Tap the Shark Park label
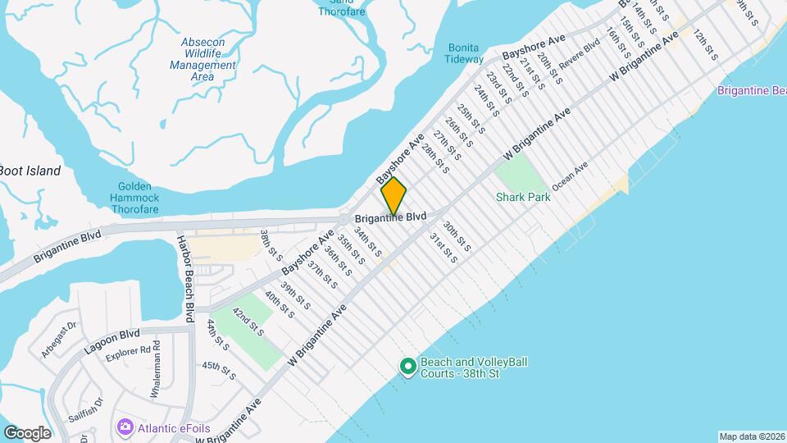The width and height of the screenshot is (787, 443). pyautogui.click(x=522, y=198)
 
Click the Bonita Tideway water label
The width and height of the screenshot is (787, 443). pyautogui.click(x=464, y=53)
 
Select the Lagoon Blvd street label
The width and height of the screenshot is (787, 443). pyautogui.click(x=111, y=341)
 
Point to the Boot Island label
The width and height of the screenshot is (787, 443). pyautogui.click(x=30, y=171)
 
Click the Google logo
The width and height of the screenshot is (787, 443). pyautogui.click(x=27, y=432)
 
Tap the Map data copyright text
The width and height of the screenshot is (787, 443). pyautogui.click(x=752, y=436)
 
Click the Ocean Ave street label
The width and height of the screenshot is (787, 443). pyautogui.click(x=570, y=177)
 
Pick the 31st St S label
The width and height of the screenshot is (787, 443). pyautogui.click(x=444, y=247)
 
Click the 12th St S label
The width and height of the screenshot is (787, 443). pyautogui.click(x=705, y=47)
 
